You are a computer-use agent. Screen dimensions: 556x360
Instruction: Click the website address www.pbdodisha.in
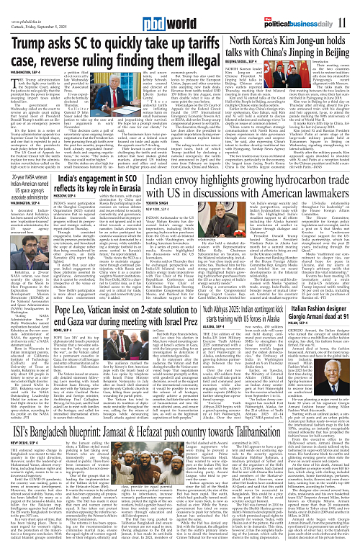pos(28,10)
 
